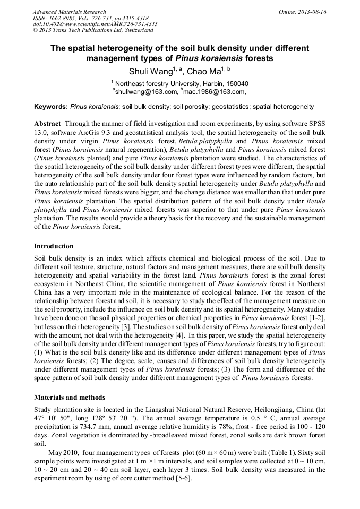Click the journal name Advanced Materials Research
point(69,12)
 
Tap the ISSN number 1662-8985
point(64,18)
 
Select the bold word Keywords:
point(51,107)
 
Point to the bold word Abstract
point(47,123)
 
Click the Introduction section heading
point(54,246)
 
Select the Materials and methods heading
point(70,397)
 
